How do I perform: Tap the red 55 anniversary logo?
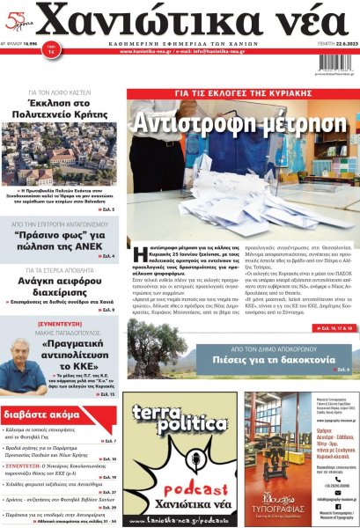coord(18,17)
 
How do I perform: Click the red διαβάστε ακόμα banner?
coord(44,411)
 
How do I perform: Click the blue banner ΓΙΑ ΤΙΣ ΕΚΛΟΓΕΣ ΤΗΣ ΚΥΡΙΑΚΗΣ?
coord(239,92)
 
